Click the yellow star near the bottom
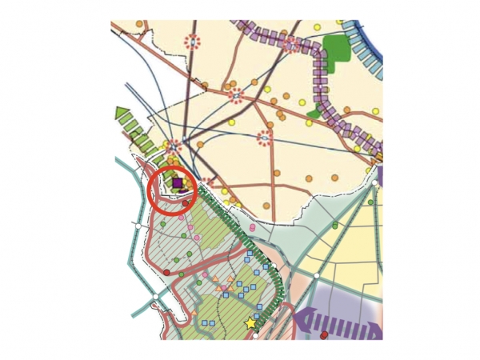(251, 323)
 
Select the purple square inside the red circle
(177, 182)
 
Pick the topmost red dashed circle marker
(193, 42)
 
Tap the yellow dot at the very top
(317, 27)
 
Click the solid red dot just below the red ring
(185, 203)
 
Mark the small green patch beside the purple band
(314, 113)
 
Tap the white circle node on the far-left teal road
(138, 226)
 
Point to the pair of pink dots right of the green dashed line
(253, 229)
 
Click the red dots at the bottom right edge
(324, 335)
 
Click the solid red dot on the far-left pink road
(166, 272)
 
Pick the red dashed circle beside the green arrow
(174, 146)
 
